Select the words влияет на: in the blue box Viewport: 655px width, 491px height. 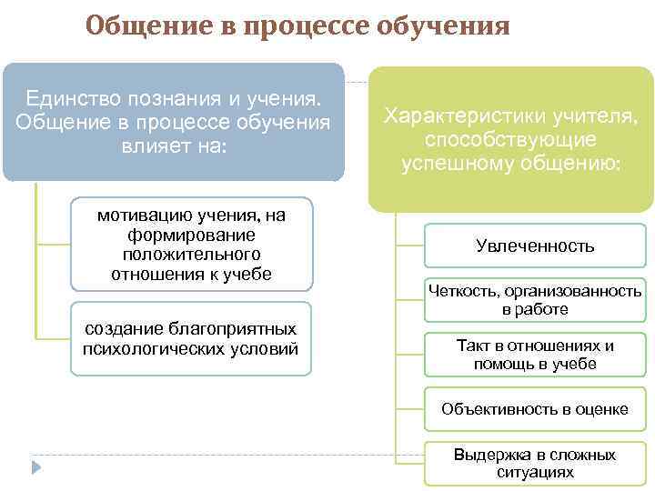[x=173, y=146]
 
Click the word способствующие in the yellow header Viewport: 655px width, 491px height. [x=510, y=140]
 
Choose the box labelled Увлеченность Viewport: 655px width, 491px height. [x=535, y=245]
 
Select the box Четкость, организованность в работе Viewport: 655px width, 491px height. [x=535, y=300]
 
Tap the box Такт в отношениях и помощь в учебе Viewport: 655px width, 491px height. [x=535, y=355]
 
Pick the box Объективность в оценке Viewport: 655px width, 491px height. [x=535, y=409]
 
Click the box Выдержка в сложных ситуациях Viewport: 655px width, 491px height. [x=535, y=464]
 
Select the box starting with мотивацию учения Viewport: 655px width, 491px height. [x=191, y=244]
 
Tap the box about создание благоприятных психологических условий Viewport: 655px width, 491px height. [x=191, y=338]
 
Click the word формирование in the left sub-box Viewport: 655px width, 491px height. [x=191, y=234]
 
